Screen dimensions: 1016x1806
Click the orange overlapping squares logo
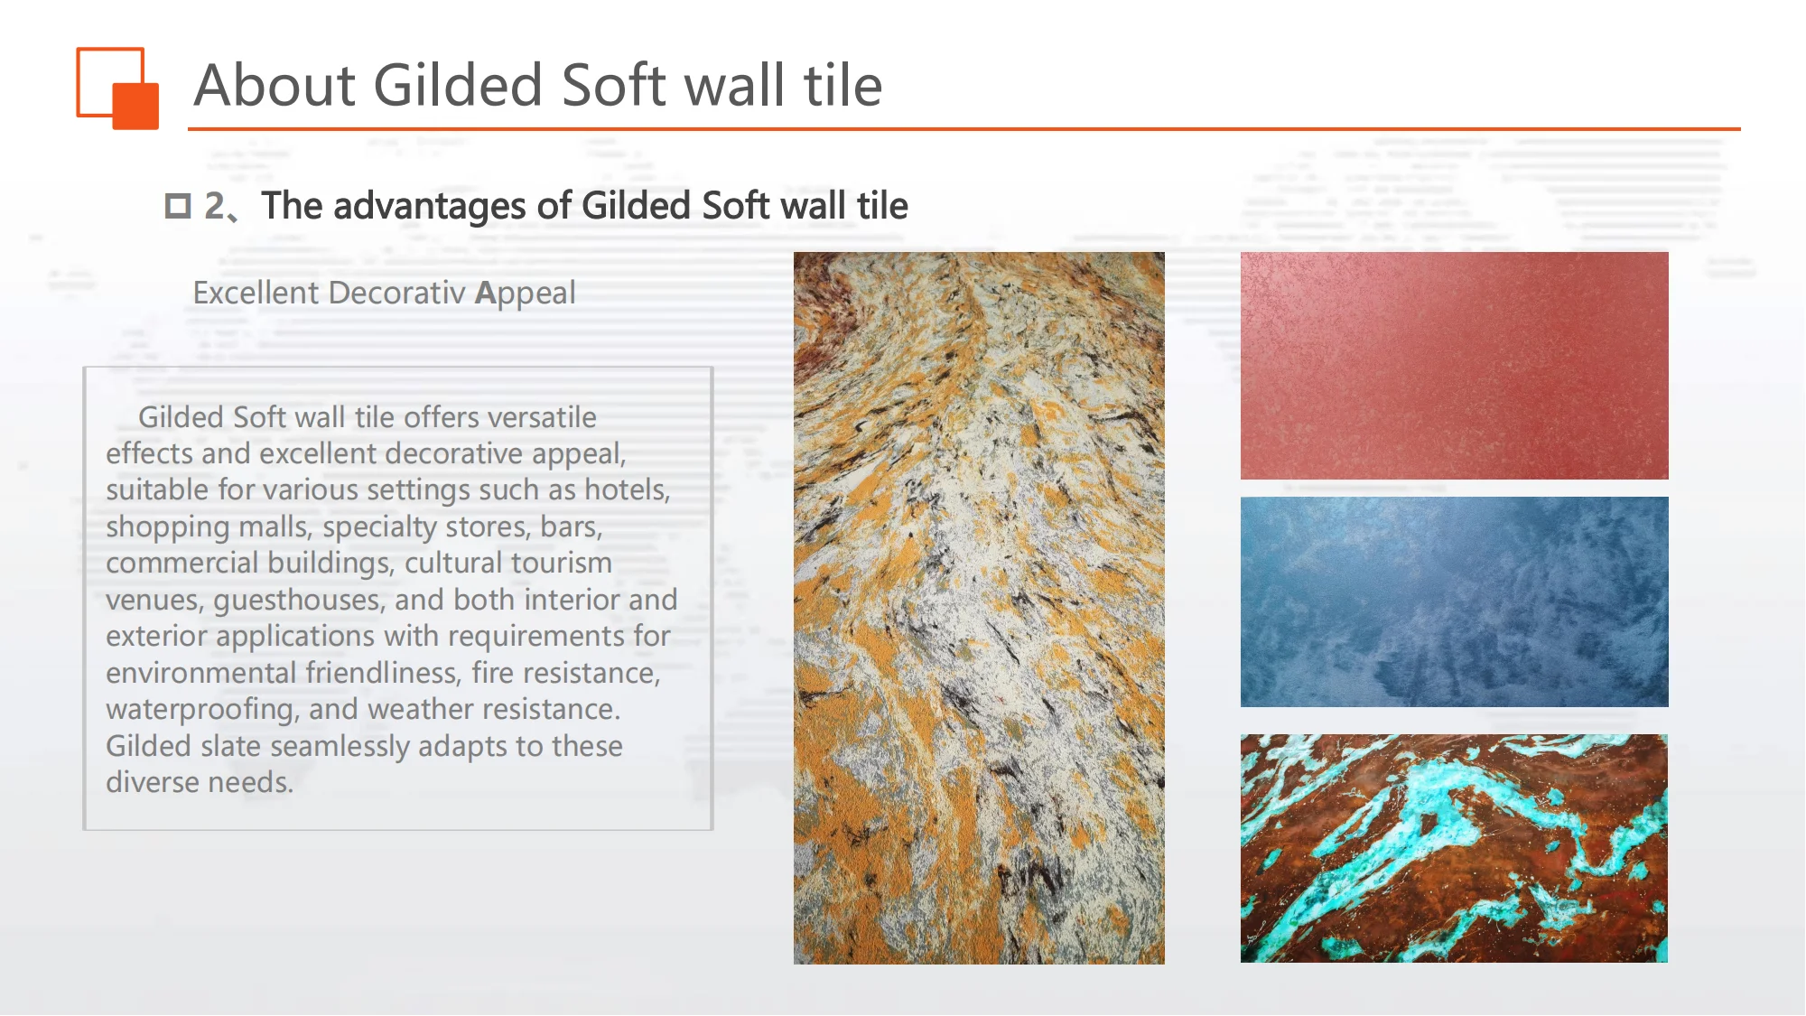coord(117,88)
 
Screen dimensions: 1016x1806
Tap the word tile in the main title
coord(842,86)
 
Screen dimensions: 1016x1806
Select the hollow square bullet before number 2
coord(178,206)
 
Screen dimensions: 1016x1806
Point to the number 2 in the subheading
coord(214,206)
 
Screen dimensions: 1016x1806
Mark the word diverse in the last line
coord(146,783)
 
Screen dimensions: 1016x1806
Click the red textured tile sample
coord(1454,365)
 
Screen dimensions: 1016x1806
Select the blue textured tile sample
coord(1454,601)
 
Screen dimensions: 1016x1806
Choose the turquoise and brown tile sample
coord(1454,848)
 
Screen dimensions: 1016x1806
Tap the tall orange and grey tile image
coord(979,608)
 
